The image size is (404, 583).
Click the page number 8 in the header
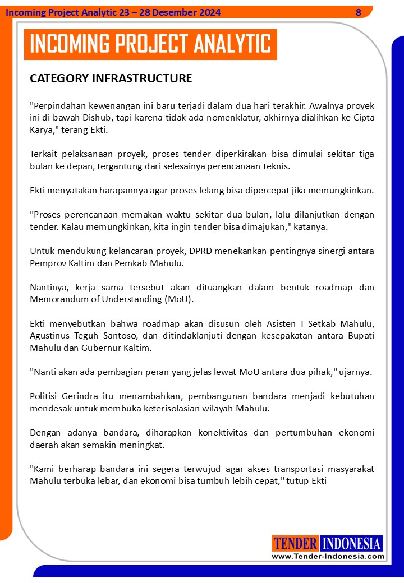click(x=359, y=12)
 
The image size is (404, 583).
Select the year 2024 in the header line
click(x=209, y=12)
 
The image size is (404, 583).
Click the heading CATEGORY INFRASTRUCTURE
click(x=111, y=78)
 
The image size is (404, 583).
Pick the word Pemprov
click(x=46, y=263)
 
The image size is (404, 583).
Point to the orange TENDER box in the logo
click(x=296, y=543)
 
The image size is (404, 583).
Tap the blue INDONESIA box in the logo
click(x=352, y=543)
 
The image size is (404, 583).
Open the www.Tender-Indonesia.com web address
click(x=328, y=556)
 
